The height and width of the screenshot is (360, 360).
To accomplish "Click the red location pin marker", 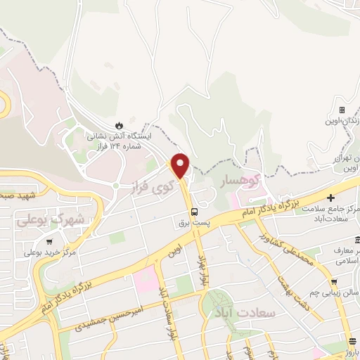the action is point(181,165).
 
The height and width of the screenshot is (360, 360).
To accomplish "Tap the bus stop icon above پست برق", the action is point(193,211).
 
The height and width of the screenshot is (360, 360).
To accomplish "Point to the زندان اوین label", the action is point(345,121).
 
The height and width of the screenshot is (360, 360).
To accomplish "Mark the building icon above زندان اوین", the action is point(342,110).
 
